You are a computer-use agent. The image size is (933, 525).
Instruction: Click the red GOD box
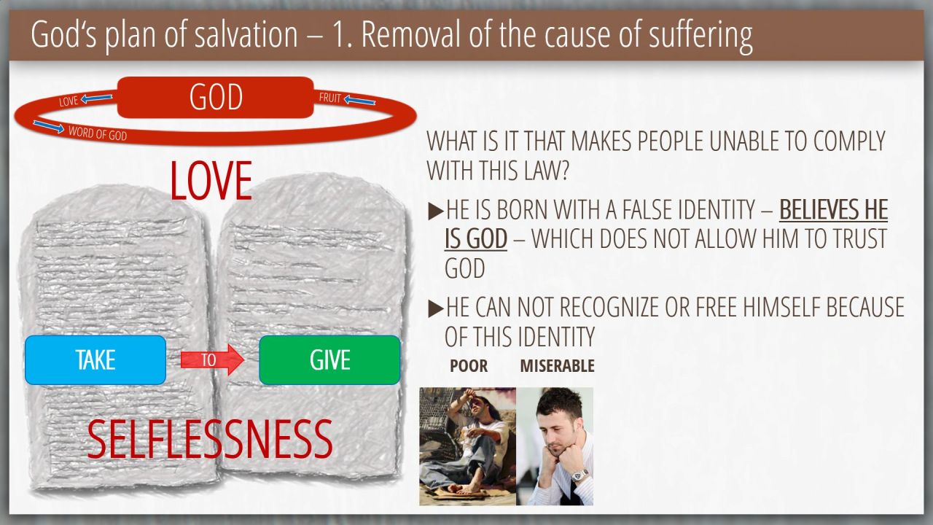point(215,98)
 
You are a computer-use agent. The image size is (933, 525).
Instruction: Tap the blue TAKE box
point(95,360)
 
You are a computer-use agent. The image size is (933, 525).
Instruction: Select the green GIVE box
point(329,360)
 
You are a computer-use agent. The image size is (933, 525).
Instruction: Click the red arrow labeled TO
point(212,359)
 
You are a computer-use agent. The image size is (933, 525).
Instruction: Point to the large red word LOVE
point(211,182)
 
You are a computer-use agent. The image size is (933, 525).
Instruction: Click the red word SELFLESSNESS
point(210,439)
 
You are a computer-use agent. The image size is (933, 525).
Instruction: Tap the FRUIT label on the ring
point(330,98)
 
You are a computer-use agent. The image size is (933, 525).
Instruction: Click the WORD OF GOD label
point(98,133)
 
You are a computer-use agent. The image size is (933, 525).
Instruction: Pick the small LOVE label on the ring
point(69,101)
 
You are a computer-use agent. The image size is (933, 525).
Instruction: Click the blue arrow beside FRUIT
point(359,101)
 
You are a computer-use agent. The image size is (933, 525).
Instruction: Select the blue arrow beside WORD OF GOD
point(48,126)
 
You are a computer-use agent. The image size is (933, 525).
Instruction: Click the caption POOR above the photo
point(469,366)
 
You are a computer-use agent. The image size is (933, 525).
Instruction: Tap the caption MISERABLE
point(558,366)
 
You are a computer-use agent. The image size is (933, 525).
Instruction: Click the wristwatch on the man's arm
point(579,475)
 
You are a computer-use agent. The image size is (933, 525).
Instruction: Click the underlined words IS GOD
point(476,238)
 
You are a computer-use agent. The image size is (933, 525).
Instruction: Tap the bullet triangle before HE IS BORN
point(436,211)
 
